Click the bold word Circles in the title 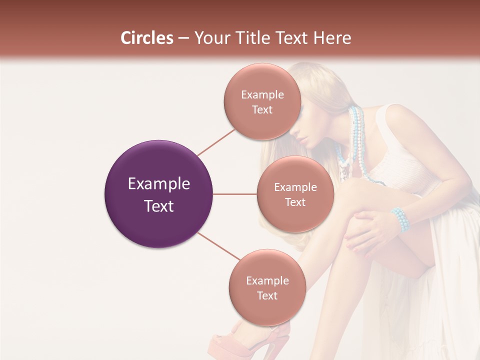coord(146,38)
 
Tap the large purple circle coord(158,194)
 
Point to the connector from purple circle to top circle coord(216,141)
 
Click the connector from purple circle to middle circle coord(235,194)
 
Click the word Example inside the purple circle coord(158,184)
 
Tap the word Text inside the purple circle coord(158,206)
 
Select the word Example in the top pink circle coord(262,94)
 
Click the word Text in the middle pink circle coord(295,202)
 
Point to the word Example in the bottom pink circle coord(267,280)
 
